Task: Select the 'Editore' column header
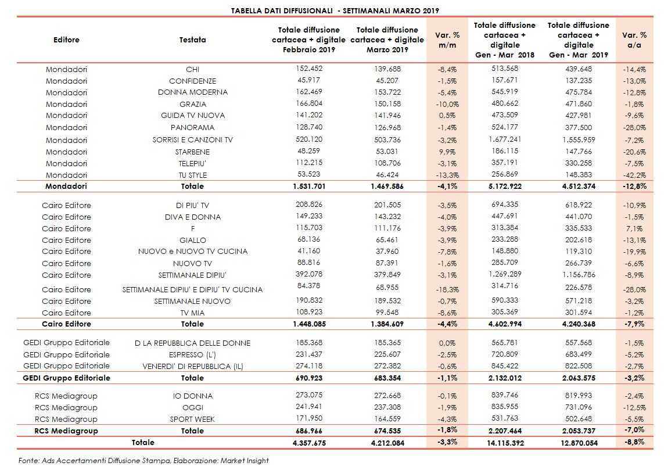[x=66, y=40]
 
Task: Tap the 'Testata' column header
[x=192, y=40]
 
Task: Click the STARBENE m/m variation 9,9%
[x=447, y=152]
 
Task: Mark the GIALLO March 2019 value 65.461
[x=387, y=240]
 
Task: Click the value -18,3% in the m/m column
[x=446, y=289]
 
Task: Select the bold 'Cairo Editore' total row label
[x=66, y=324]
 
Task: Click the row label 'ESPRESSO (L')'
[x=192, y=354]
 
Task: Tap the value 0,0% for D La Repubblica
[x=447, y=343]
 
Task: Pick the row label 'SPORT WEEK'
[x=192, y=419]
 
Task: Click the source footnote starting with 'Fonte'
[x=143, y=460]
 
